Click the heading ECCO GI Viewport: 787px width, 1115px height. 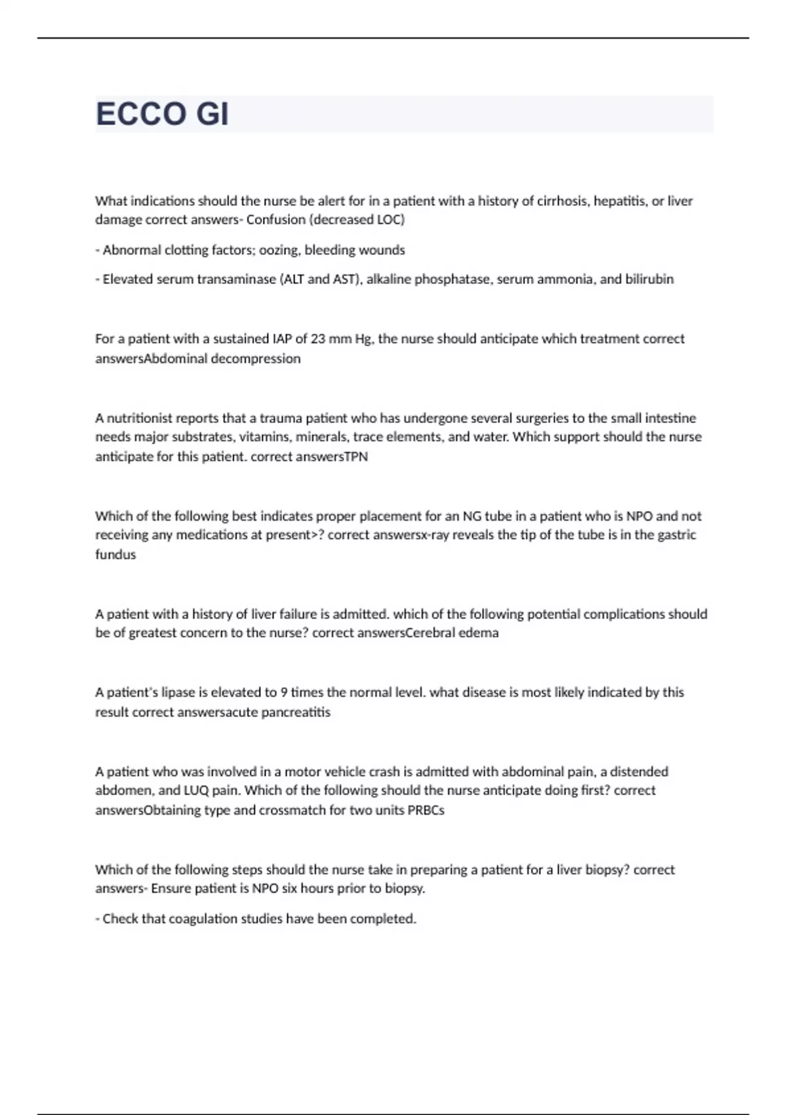[162, 114]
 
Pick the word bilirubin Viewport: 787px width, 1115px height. [649, 279]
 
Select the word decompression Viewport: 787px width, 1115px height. [260, 359]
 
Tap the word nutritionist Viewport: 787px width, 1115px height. [140, 418]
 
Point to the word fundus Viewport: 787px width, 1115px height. [115, 555]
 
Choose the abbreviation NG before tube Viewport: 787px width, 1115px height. [472, 516]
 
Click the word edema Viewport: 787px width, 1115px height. [478, 633]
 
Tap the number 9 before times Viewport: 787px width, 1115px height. [284, 693]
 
